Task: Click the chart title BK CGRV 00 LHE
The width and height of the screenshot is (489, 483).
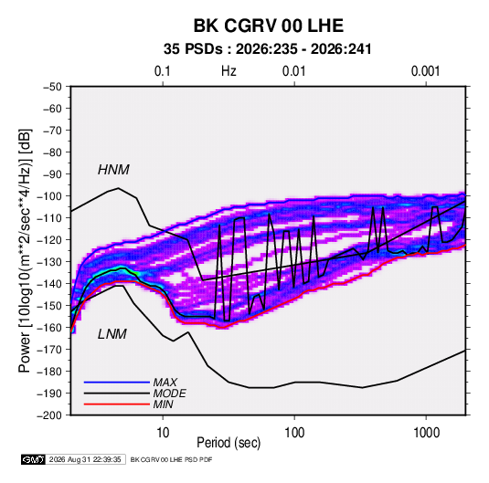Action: pos(269,26)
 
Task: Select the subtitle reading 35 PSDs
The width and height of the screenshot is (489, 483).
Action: pos(194,49)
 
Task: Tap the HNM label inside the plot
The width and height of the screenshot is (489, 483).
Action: pos(113,170)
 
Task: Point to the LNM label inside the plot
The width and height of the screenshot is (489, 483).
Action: pos(112,334)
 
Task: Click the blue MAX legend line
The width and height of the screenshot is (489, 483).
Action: pos(117,382)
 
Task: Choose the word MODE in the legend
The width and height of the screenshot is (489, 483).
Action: pos(170,394)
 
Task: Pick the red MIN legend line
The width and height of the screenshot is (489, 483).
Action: pos(117,404)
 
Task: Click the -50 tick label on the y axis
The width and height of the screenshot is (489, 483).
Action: pos(52,87)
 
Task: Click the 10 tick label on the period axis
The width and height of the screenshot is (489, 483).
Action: pos(163,433)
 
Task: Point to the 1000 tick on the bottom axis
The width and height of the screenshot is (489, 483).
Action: pos(426,433)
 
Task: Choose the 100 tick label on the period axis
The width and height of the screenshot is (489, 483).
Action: pos(294,433)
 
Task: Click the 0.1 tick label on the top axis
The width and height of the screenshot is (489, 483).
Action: pos(163,71)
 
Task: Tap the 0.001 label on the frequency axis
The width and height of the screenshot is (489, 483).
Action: pos(425,71)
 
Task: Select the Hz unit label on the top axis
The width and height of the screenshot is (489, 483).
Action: pos(229,71)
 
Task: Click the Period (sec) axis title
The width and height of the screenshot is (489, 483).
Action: pos(229,443)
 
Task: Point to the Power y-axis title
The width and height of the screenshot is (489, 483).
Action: pos(25,251)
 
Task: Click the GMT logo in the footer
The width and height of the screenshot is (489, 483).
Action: pos(33,459)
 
